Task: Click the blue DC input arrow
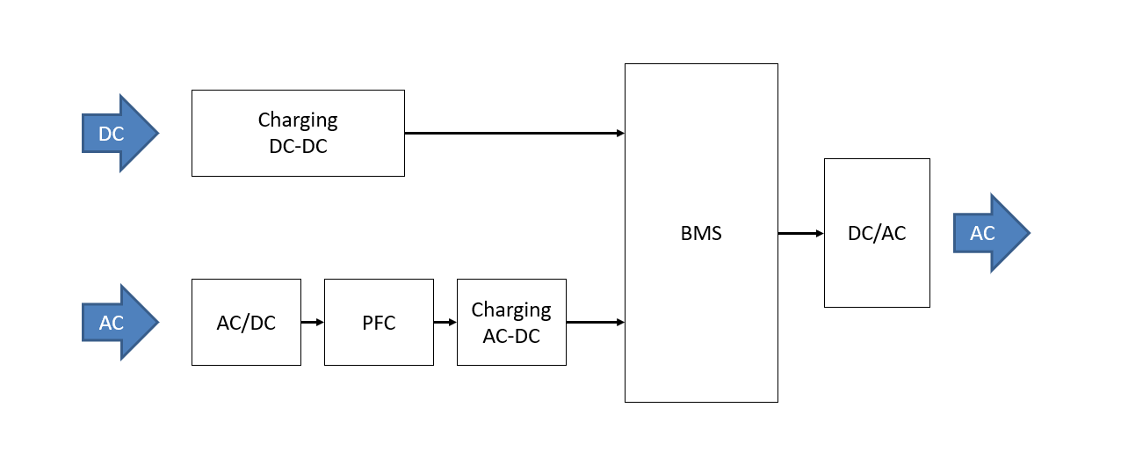pos(119,134)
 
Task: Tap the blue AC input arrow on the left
pos(119,323)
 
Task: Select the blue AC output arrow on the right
pos(990,233)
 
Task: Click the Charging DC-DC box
pos(298,133)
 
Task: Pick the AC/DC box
pos(246,323)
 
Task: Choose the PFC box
pos(379,323)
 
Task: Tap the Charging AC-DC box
pos(511,323)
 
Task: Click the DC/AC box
pos(877,233)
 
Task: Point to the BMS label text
pos(701,234)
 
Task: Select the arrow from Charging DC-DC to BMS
pos(514,134)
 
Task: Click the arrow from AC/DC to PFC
pos(313,323)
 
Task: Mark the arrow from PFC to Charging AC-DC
pos(445,323)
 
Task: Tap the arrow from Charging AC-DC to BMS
pos(596,323)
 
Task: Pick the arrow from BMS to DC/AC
pos(800,233)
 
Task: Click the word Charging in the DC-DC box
pos(298,120)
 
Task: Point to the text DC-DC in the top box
pos(298,147)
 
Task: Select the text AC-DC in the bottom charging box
pos(511,336)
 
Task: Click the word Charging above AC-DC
pos(511,310)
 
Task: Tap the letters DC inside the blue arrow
pos(111,135)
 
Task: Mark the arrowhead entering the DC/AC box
pos(820,233)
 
